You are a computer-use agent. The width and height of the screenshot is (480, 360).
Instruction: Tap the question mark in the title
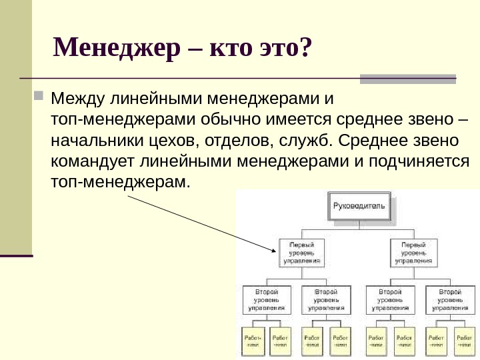tap(305, 47)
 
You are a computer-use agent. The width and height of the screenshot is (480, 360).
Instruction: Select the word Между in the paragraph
tap(75, 100)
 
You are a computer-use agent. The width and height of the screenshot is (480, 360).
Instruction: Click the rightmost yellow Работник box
tap(461, 341)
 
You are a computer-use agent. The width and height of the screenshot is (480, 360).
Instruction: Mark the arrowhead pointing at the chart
tap(273, 250)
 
